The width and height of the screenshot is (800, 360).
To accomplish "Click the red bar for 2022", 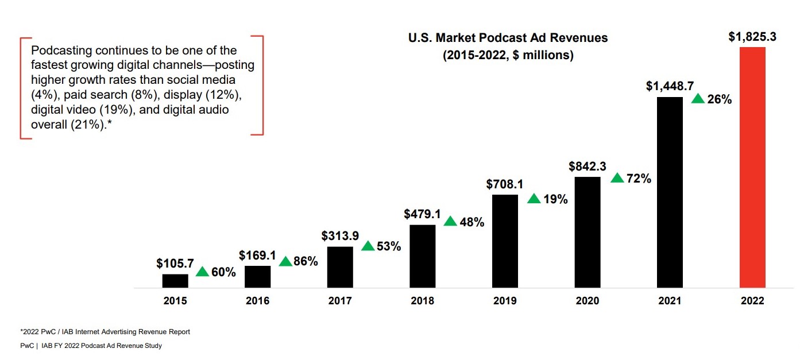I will [x=752, y=167].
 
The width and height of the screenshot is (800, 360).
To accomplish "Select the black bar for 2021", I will [x=670, y=192].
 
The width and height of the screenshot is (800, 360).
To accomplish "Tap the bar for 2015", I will [x=175, y=281].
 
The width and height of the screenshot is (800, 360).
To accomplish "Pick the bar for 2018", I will [x=423, y=256].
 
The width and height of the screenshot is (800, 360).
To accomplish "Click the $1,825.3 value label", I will [x=752, y=37].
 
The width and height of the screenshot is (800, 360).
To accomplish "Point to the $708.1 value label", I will [x=505, y=185].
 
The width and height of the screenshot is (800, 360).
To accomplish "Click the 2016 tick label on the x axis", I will [x=257, y=301].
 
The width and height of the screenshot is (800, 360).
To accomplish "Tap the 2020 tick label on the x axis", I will [x=588, y=301].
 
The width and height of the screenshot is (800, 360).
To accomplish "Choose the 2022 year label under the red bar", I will [x=752, y=301].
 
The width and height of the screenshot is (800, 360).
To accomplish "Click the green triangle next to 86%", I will [x=285, y=262].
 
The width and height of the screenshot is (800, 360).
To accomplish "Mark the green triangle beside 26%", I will [x=698, y=99].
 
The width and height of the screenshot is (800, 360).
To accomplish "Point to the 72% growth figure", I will [x=639, y=179].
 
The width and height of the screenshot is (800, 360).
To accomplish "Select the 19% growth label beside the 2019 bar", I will [x=555, y=200].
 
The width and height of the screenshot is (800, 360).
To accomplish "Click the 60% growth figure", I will [x=223, y=272].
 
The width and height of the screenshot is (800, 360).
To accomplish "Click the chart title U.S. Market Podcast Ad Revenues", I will [x=508, y=38].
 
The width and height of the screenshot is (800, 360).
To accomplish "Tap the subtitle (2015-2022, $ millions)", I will [x=508, y=56].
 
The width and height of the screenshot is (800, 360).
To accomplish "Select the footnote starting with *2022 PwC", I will [x=105, y=332].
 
